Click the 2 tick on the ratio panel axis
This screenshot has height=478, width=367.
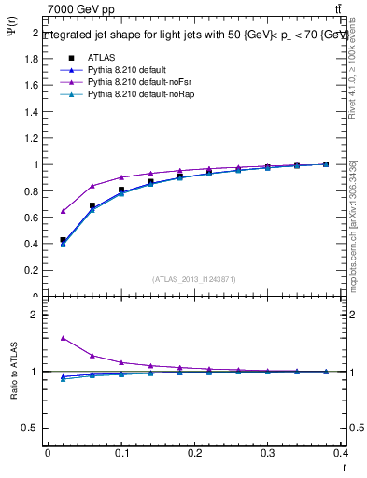(35, 315)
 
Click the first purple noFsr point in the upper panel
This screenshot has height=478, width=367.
(63, 211)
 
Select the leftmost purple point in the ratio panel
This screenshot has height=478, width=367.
(63, 338)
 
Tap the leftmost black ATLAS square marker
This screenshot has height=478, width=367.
(63, 240)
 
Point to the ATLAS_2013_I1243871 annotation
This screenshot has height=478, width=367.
(194, 279)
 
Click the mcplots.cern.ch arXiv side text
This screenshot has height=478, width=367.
(354, 224)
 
